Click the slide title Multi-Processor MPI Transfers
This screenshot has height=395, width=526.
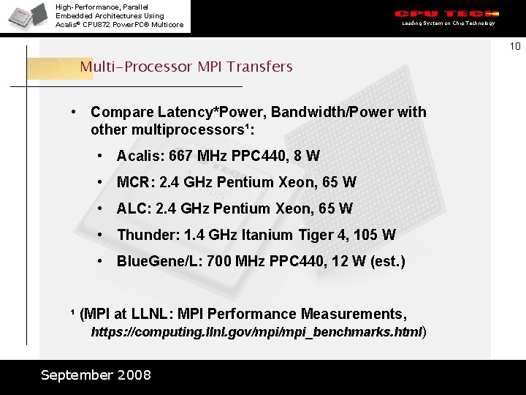click(186, 67)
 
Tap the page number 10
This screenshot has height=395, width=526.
click(515, 47)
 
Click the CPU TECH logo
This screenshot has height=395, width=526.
click(446, 14)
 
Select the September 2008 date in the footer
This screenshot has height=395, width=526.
click(96, 375)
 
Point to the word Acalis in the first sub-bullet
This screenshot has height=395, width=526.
click(140, 156)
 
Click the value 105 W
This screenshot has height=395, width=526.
click(378, 235)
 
